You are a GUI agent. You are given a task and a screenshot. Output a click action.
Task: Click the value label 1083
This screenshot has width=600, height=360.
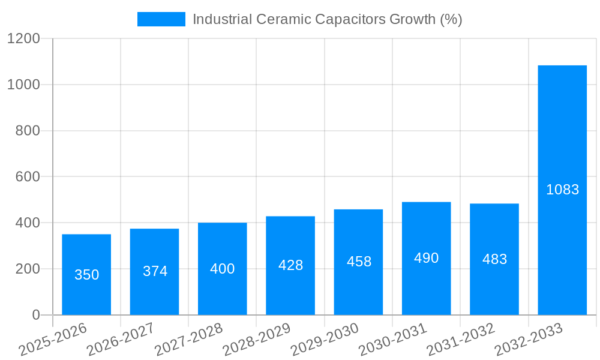click(x=562, y=190)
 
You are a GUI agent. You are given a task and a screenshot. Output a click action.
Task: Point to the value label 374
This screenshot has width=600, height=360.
click(x=155, y=271)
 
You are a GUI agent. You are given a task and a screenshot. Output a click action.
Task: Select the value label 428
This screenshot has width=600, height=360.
click(x=290, y=265)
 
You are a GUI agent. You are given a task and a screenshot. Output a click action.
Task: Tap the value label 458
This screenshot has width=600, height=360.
click(x=359, y=262)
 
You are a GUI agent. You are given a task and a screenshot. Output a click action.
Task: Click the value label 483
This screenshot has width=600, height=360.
click(x=494, y=259)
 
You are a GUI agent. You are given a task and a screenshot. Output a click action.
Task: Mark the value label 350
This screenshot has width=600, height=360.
click(x=86, y=275)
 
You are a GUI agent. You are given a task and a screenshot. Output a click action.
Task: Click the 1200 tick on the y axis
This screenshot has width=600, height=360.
click(x=23, y=39)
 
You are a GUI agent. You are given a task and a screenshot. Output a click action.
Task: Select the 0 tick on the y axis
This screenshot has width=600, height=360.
click(x=35, y=315)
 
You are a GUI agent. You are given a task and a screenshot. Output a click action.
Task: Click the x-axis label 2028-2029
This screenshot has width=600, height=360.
click(x=256, y=340)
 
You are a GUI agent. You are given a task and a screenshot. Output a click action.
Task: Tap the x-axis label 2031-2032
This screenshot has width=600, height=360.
click(x=460, y=340)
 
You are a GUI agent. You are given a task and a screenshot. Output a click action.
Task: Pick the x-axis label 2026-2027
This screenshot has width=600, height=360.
click(x=121, y=340)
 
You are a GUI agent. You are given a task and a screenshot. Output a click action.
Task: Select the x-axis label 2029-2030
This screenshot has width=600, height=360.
click(x=324, y=340)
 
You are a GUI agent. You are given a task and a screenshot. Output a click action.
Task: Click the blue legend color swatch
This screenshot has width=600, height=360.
click(x=161, y=19)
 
